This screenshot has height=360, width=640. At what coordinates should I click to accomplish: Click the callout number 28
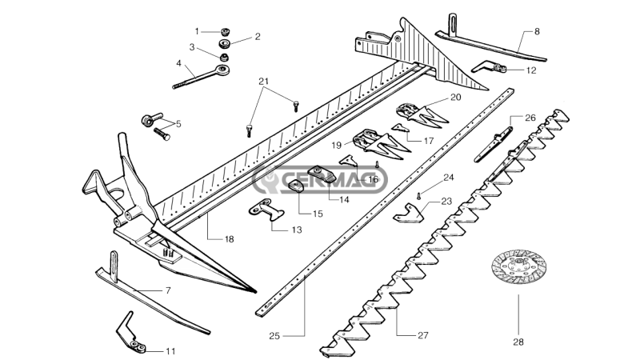[517, 342]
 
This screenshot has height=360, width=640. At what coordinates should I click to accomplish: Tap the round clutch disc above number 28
[518, 271]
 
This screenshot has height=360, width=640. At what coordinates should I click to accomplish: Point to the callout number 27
[423, 335]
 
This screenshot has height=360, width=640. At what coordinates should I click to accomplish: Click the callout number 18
[229, 239]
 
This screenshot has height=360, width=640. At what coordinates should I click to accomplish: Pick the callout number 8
[536, 31]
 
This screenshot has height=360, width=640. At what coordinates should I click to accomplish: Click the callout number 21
[264, 82]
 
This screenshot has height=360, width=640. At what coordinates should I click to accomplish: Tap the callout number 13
[274, 230]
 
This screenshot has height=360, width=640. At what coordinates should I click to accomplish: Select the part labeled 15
[294, 186]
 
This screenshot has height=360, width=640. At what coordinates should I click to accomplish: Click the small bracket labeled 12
[490, 67]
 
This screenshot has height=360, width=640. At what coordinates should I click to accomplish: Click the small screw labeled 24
[418, 194]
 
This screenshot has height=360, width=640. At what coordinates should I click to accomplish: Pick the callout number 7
[168, 290]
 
